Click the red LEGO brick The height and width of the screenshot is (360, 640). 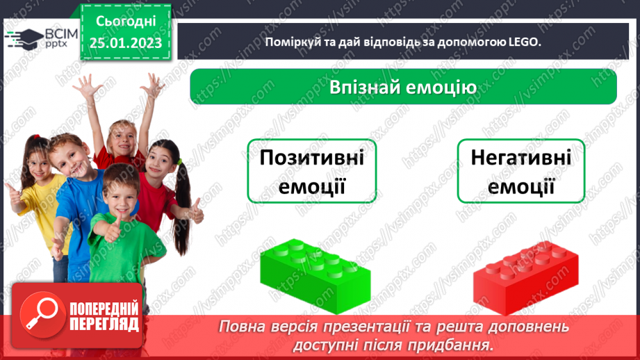pos(525,275)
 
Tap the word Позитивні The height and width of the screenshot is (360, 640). pos(311,158)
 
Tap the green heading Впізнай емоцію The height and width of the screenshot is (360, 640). pos(403,88)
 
